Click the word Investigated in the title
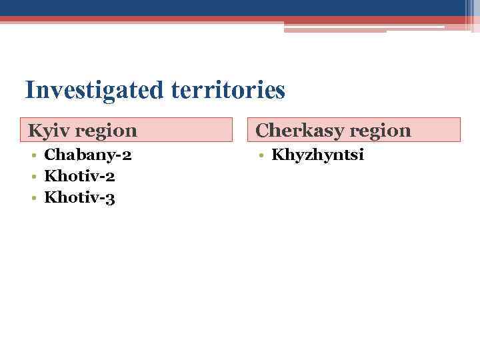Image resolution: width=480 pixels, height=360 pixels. (x=91, y=89)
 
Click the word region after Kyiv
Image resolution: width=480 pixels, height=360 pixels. (x=106, y=131)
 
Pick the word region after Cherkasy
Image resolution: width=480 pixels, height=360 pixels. (x=379, y=131)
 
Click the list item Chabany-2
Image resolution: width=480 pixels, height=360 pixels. (x=87, y=156)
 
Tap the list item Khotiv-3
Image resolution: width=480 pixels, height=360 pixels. (x=79, y=197)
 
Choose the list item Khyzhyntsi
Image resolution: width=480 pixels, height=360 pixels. (x=317, y=156)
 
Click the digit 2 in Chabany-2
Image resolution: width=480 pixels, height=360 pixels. (x=127, y=156)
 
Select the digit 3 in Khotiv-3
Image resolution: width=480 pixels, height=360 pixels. (x=111, y=198)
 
